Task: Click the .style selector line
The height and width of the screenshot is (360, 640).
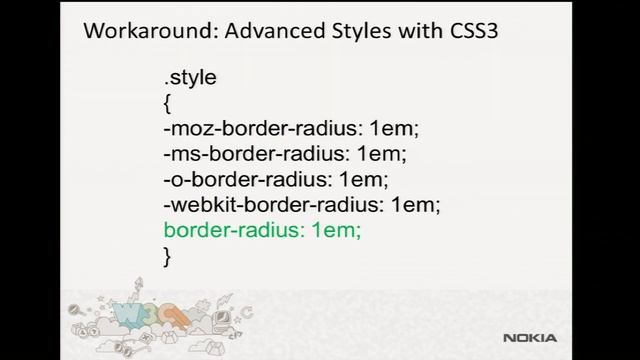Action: [x=190, y=77]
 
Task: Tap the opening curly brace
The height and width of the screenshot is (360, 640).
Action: [x=167, y=103]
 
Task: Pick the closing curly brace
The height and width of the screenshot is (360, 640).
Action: [x=167, y=257]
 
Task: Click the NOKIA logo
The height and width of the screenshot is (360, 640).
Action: [x=584, y=338]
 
